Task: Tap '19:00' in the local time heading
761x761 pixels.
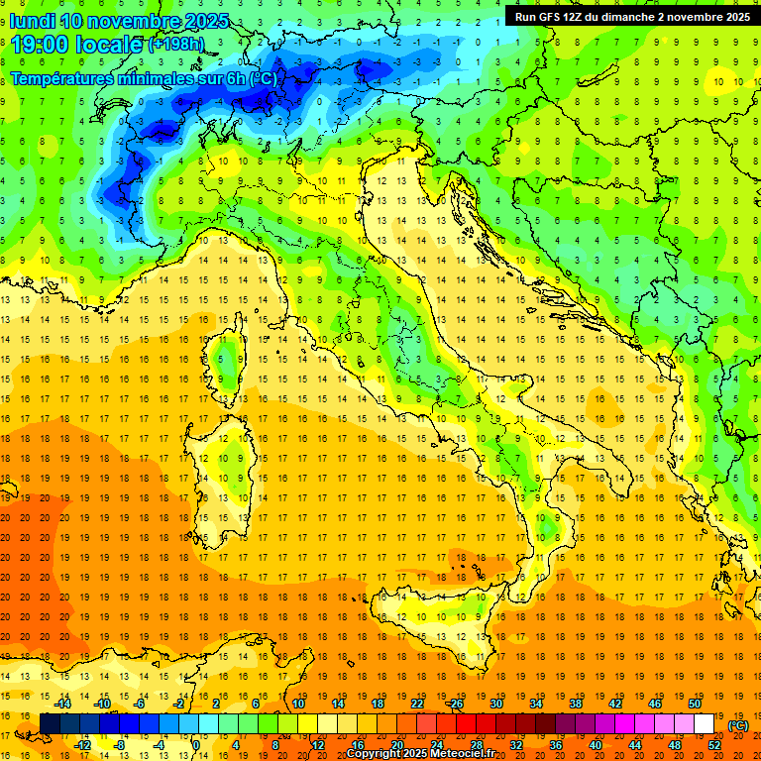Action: pyautogui.click(x=40, y=45)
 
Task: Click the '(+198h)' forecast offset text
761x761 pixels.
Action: pyautogui.click(x=175, y=45)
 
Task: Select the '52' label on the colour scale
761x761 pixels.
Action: pyautogui.click(x=714, y=745)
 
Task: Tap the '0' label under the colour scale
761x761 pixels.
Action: pyautogui.click(x=196, y=745)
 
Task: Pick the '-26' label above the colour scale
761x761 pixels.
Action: pyautogui.click(x=456, y=704)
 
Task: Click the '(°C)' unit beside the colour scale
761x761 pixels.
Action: pyautogui.click(x=738, y=724)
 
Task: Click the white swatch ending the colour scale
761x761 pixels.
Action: pyautogui.click(x=705, y=724)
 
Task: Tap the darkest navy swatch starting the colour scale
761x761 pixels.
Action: pyautogui.click(x=50, y=724)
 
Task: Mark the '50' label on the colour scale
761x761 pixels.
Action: pyautogui.click(x=695, y=704)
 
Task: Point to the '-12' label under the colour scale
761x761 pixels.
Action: pyautogui.click(x=82, y=745)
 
